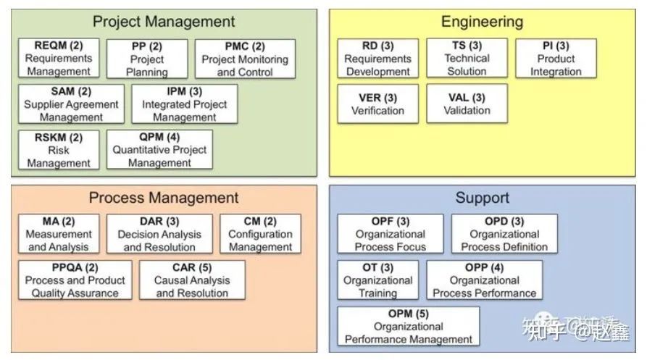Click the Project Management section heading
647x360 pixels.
(164, 21)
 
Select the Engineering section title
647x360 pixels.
(482, 21)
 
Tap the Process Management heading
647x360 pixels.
(164, 197)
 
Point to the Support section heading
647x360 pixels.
(482, 197)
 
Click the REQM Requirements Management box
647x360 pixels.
(58, 59)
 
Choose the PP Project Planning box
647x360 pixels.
(147, 59)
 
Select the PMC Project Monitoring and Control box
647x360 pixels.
(245, 59)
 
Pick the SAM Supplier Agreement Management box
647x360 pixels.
(71, 104)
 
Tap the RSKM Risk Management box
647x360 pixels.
(58, 150)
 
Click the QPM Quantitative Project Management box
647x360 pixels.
(159, 150)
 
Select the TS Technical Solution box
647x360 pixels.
(467, 59)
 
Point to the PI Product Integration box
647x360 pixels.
(556, 59)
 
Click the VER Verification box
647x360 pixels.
(377, 104)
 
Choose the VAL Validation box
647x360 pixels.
(467, 104)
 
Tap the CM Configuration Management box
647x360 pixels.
(260, 234)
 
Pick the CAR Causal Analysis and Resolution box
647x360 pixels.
(193, 280)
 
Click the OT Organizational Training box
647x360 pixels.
(377, 280)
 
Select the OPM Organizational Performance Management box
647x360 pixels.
(409, 326)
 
